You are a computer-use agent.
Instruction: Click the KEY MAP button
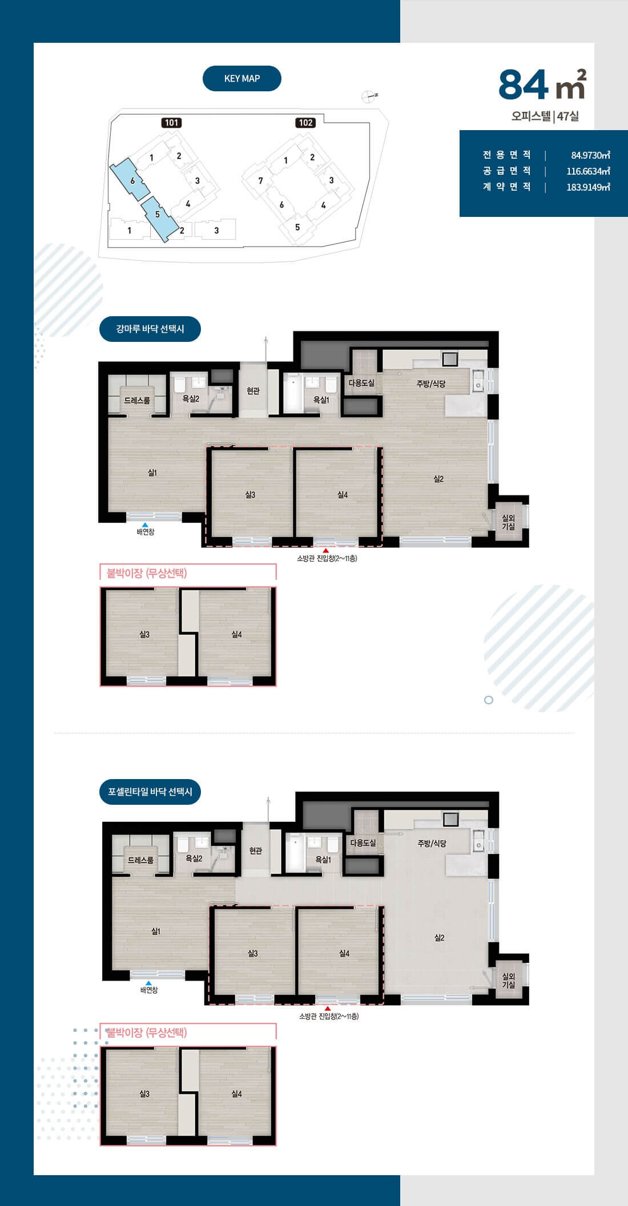242,79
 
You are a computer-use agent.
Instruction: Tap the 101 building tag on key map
172,123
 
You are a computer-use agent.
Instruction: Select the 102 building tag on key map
305,123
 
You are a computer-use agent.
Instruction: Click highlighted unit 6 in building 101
130,180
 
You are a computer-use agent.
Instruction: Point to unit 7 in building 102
260,181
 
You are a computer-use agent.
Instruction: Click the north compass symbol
369,96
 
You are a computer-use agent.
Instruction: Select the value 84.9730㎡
590,155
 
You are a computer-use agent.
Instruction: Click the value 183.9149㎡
588,187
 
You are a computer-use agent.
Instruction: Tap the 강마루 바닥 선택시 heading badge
150,329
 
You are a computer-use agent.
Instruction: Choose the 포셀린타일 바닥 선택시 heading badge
150,792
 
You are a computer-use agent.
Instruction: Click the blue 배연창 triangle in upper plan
146,525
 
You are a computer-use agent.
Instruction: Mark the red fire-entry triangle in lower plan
328,1009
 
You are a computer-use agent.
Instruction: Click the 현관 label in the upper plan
253,391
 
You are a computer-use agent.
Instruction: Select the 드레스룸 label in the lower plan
140,860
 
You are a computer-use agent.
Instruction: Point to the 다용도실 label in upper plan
362,383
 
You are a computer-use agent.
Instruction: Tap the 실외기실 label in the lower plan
509,981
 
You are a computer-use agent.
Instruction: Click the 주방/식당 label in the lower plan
432,843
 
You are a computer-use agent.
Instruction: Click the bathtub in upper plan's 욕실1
292,393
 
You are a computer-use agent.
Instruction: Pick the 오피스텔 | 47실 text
545,116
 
